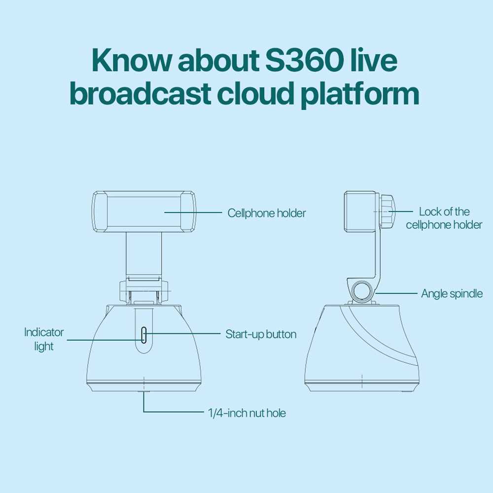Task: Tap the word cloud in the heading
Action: click(x=255, y=93)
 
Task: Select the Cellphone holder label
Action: click(x=267, y=213)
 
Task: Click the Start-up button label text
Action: click(x=261, y=334)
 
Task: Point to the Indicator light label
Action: click(x=44, y=339)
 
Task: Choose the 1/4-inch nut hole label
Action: click(x=247, y=413)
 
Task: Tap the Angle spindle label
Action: click(x=452, y=293)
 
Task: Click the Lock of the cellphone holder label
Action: click(x=444, y=218)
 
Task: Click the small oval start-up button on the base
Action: click(x=143, y=335)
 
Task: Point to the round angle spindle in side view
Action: click(x=361, y=291)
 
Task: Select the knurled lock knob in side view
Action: click(x=387, y=211)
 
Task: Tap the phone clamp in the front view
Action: click(x=144, y=212)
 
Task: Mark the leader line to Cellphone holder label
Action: click(x=193, y=212)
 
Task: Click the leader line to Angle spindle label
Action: click(x=397, y=293)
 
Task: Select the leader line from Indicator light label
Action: click(x=105, y=340)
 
